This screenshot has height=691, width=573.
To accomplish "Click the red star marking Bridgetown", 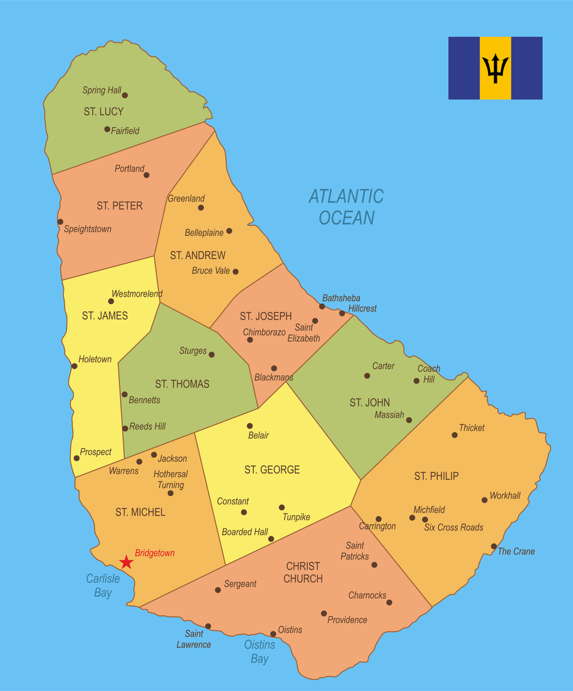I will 126,562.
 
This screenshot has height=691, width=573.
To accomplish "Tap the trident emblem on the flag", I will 495,68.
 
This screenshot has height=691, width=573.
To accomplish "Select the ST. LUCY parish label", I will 103,112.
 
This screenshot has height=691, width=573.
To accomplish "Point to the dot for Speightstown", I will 60,222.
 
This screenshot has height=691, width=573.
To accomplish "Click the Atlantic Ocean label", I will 346,207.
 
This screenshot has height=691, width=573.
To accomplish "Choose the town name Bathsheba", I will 341,298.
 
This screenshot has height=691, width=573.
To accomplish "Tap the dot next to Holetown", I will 74,366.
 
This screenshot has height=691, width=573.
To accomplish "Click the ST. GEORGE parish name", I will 272,470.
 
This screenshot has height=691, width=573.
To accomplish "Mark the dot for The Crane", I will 494,546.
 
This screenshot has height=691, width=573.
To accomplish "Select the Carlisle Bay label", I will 99,586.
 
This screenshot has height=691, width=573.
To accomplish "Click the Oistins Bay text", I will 259,652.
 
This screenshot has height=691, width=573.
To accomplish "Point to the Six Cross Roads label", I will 454,528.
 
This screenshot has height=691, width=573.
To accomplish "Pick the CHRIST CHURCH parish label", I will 303,572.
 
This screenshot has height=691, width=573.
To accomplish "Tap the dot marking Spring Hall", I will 125,95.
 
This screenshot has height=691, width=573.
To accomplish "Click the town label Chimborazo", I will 264,332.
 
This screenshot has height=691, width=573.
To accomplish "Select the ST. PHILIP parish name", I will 437,476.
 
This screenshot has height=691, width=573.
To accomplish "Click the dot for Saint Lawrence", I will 208,627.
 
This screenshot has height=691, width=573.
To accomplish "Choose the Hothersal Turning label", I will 170,480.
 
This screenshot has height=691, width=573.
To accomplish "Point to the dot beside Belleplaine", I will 229,231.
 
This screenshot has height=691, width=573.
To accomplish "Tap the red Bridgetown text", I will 155,553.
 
